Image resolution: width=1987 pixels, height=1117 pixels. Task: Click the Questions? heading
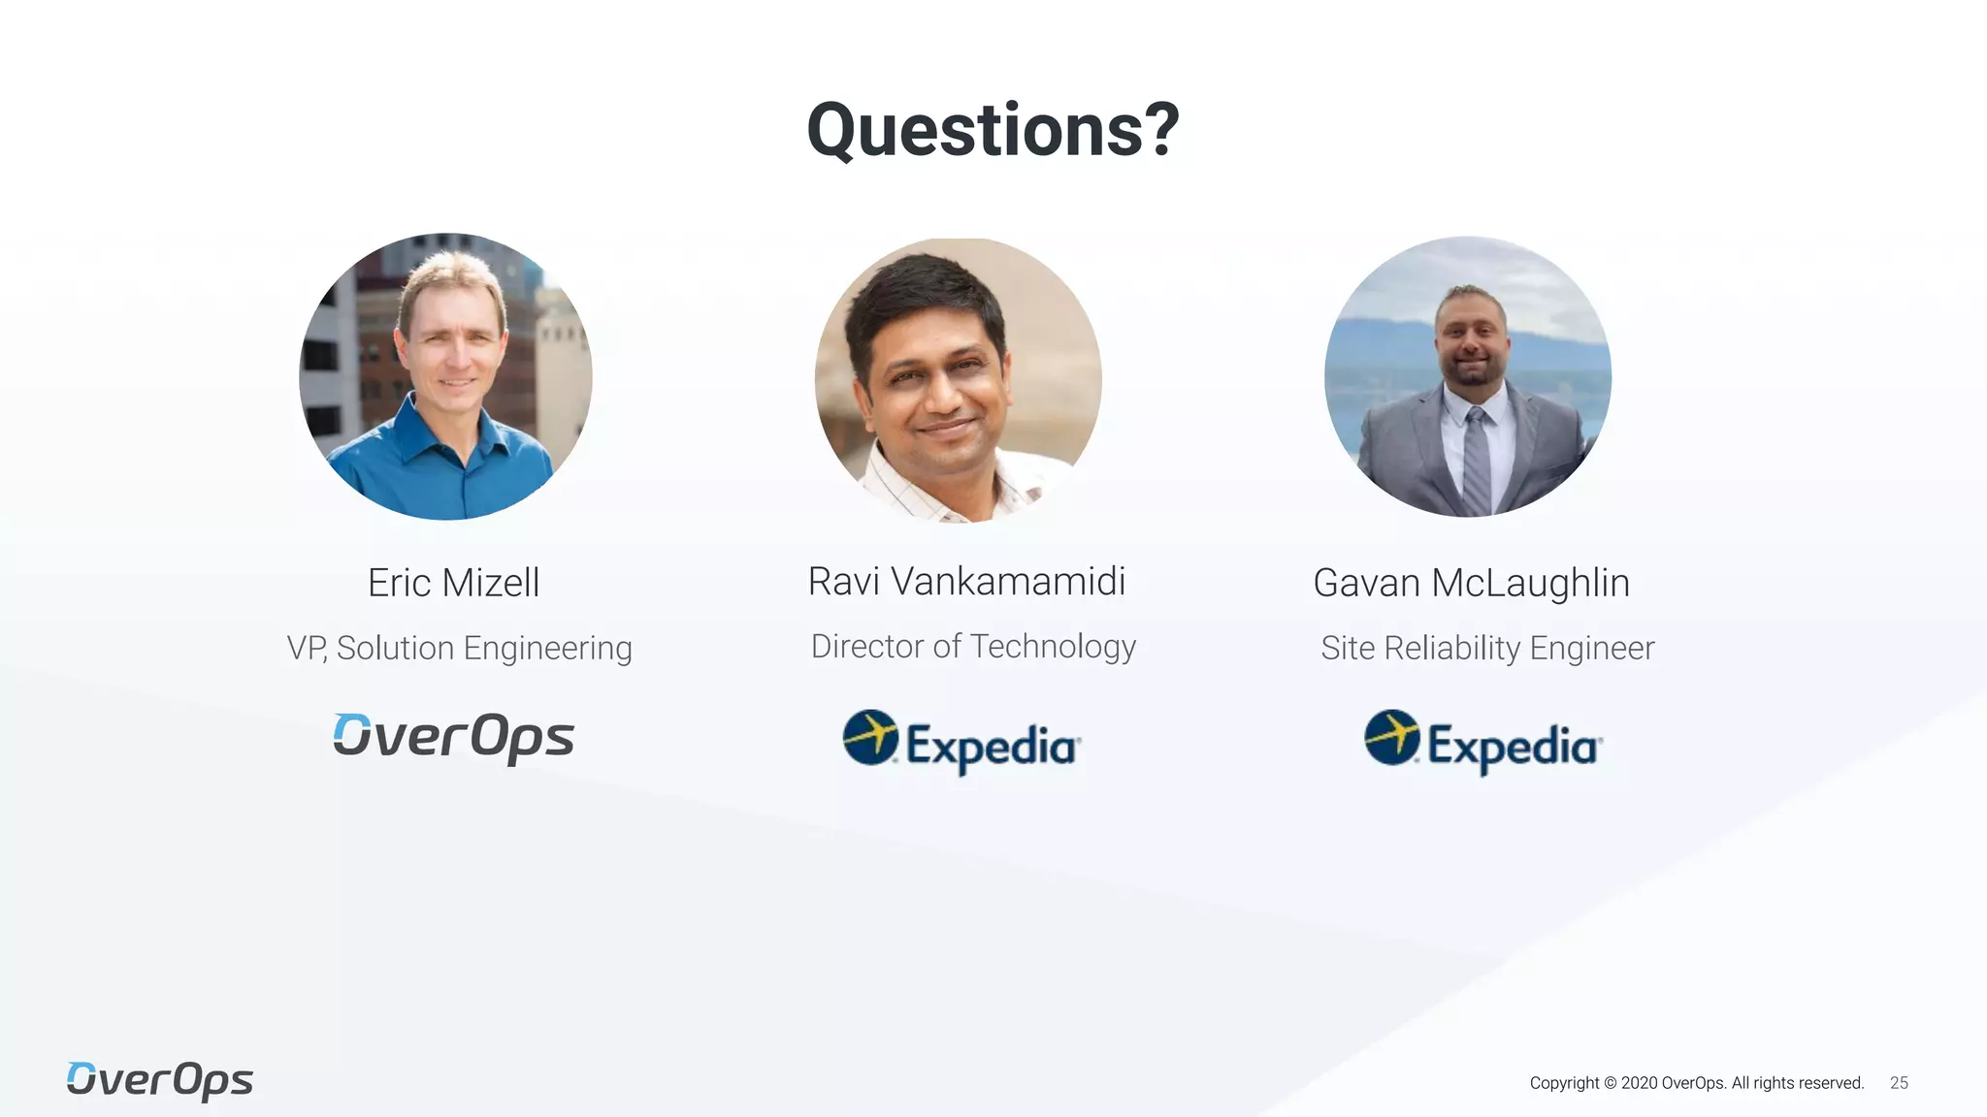[993, 130]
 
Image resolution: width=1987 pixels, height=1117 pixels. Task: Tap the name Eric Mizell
[453, 583]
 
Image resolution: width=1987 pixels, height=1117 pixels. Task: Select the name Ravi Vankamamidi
[966, 582]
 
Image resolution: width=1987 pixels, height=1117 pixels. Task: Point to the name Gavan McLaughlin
[1471, 583]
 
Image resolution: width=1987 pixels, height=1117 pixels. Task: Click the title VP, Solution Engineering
[459, 648]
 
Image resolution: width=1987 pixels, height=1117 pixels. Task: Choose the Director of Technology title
[973, 646]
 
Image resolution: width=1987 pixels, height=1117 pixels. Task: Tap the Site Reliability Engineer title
[1487, 648]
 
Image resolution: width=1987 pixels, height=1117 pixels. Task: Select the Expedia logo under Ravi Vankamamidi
[961, 743]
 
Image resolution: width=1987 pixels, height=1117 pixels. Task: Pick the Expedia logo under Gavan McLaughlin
[1482, 743]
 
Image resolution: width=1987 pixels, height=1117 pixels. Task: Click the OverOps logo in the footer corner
[160, 1080]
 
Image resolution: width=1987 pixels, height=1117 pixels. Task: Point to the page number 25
[1899, 1083]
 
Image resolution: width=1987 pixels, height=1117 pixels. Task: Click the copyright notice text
[1696, 1083]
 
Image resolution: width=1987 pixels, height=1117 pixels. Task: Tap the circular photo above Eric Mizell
[445, 376]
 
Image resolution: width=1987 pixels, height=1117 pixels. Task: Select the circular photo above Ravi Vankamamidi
[959, 380]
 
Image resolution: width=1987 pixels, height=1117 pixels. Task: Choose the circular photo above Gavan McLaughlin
[1468, 376]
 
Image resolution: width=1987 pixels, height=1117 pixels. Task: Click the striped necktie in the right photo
[1476, 461]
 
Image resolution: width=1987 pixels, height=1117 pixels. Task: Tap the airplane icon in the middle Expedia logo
[870, 737]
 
